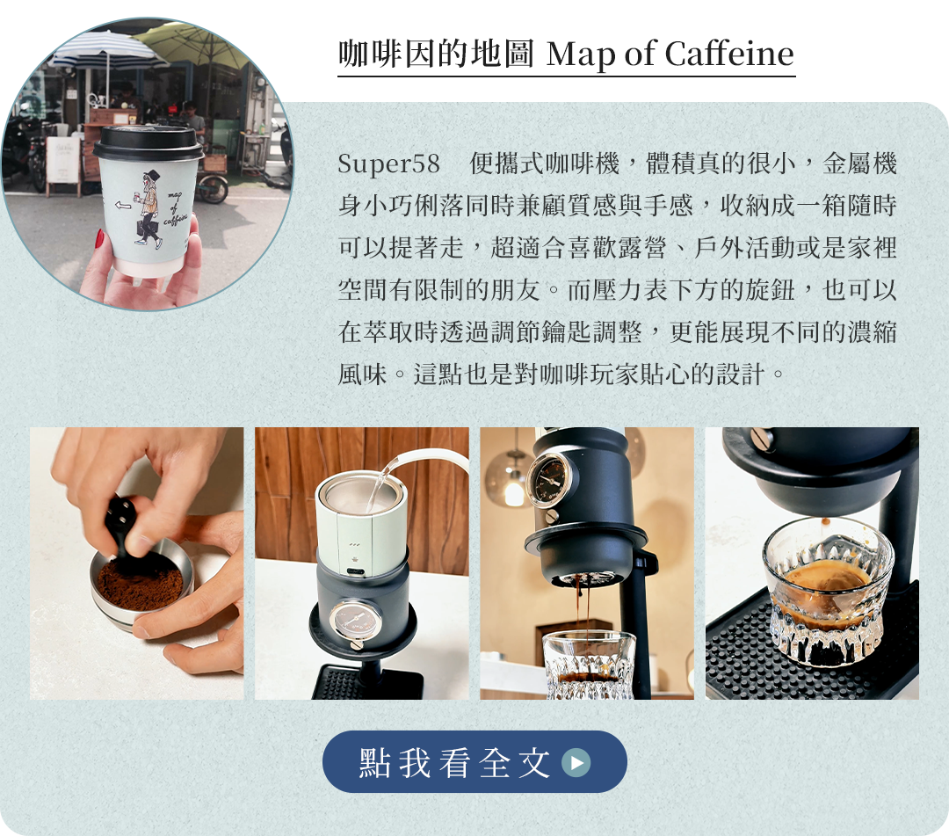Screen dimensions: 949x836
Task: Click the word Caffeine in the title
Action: coord(729,54)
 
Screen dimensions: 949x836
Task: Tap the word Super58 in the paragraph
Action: coord(388,164)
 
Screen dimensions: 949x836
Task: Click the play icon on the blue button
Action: coord(576,762)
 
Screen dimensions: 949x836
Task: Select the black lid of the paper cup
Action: coord(149,143)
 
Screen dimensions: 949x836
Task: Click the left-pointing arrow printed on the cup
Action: coord(124,205)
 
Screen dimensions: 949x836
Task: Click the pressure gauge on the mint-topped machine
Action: coord(355,621)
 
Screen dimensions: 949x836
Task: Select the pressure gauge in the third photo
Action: coord(549,477)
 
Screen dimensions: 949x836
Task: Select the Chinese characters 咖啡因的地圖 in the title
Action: coord(436,54)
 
